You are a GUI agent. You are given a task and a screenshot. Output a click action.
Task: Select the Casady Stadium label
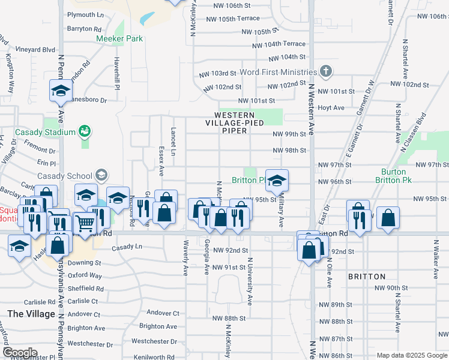pyautogui.click(x=45, y=132)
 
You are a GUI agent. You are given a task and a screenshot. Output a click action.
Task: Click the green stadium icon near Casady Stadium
pyautogui.click(x=85, y=131)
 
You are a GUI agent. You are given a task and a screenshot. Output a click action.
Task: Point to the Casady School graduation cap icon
pyautogui.click(x=101, y=175)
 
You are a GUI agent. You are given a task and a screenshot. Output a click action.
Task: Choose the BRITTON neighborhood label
pyautogui.click(x=366, y=277)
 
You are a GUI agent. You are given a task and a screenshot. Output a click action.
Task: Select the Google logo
pyautogui.click(x=20, y=353)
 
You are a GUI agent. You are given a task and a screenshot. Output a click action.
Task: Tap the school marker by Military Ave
pyautogui.click(x=277, y=180)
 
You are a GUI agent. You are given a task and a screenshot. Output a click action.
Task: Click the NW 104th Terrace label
pyautogui.click(x=279, y=44)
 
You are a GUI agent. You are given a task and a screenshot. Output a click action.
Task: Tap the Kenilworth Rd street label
pyautogui.click(x=153, y=356)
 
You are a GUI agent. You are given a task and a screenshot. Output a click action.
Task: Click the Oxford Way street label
pyautogui.click(x=85, y=275)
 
